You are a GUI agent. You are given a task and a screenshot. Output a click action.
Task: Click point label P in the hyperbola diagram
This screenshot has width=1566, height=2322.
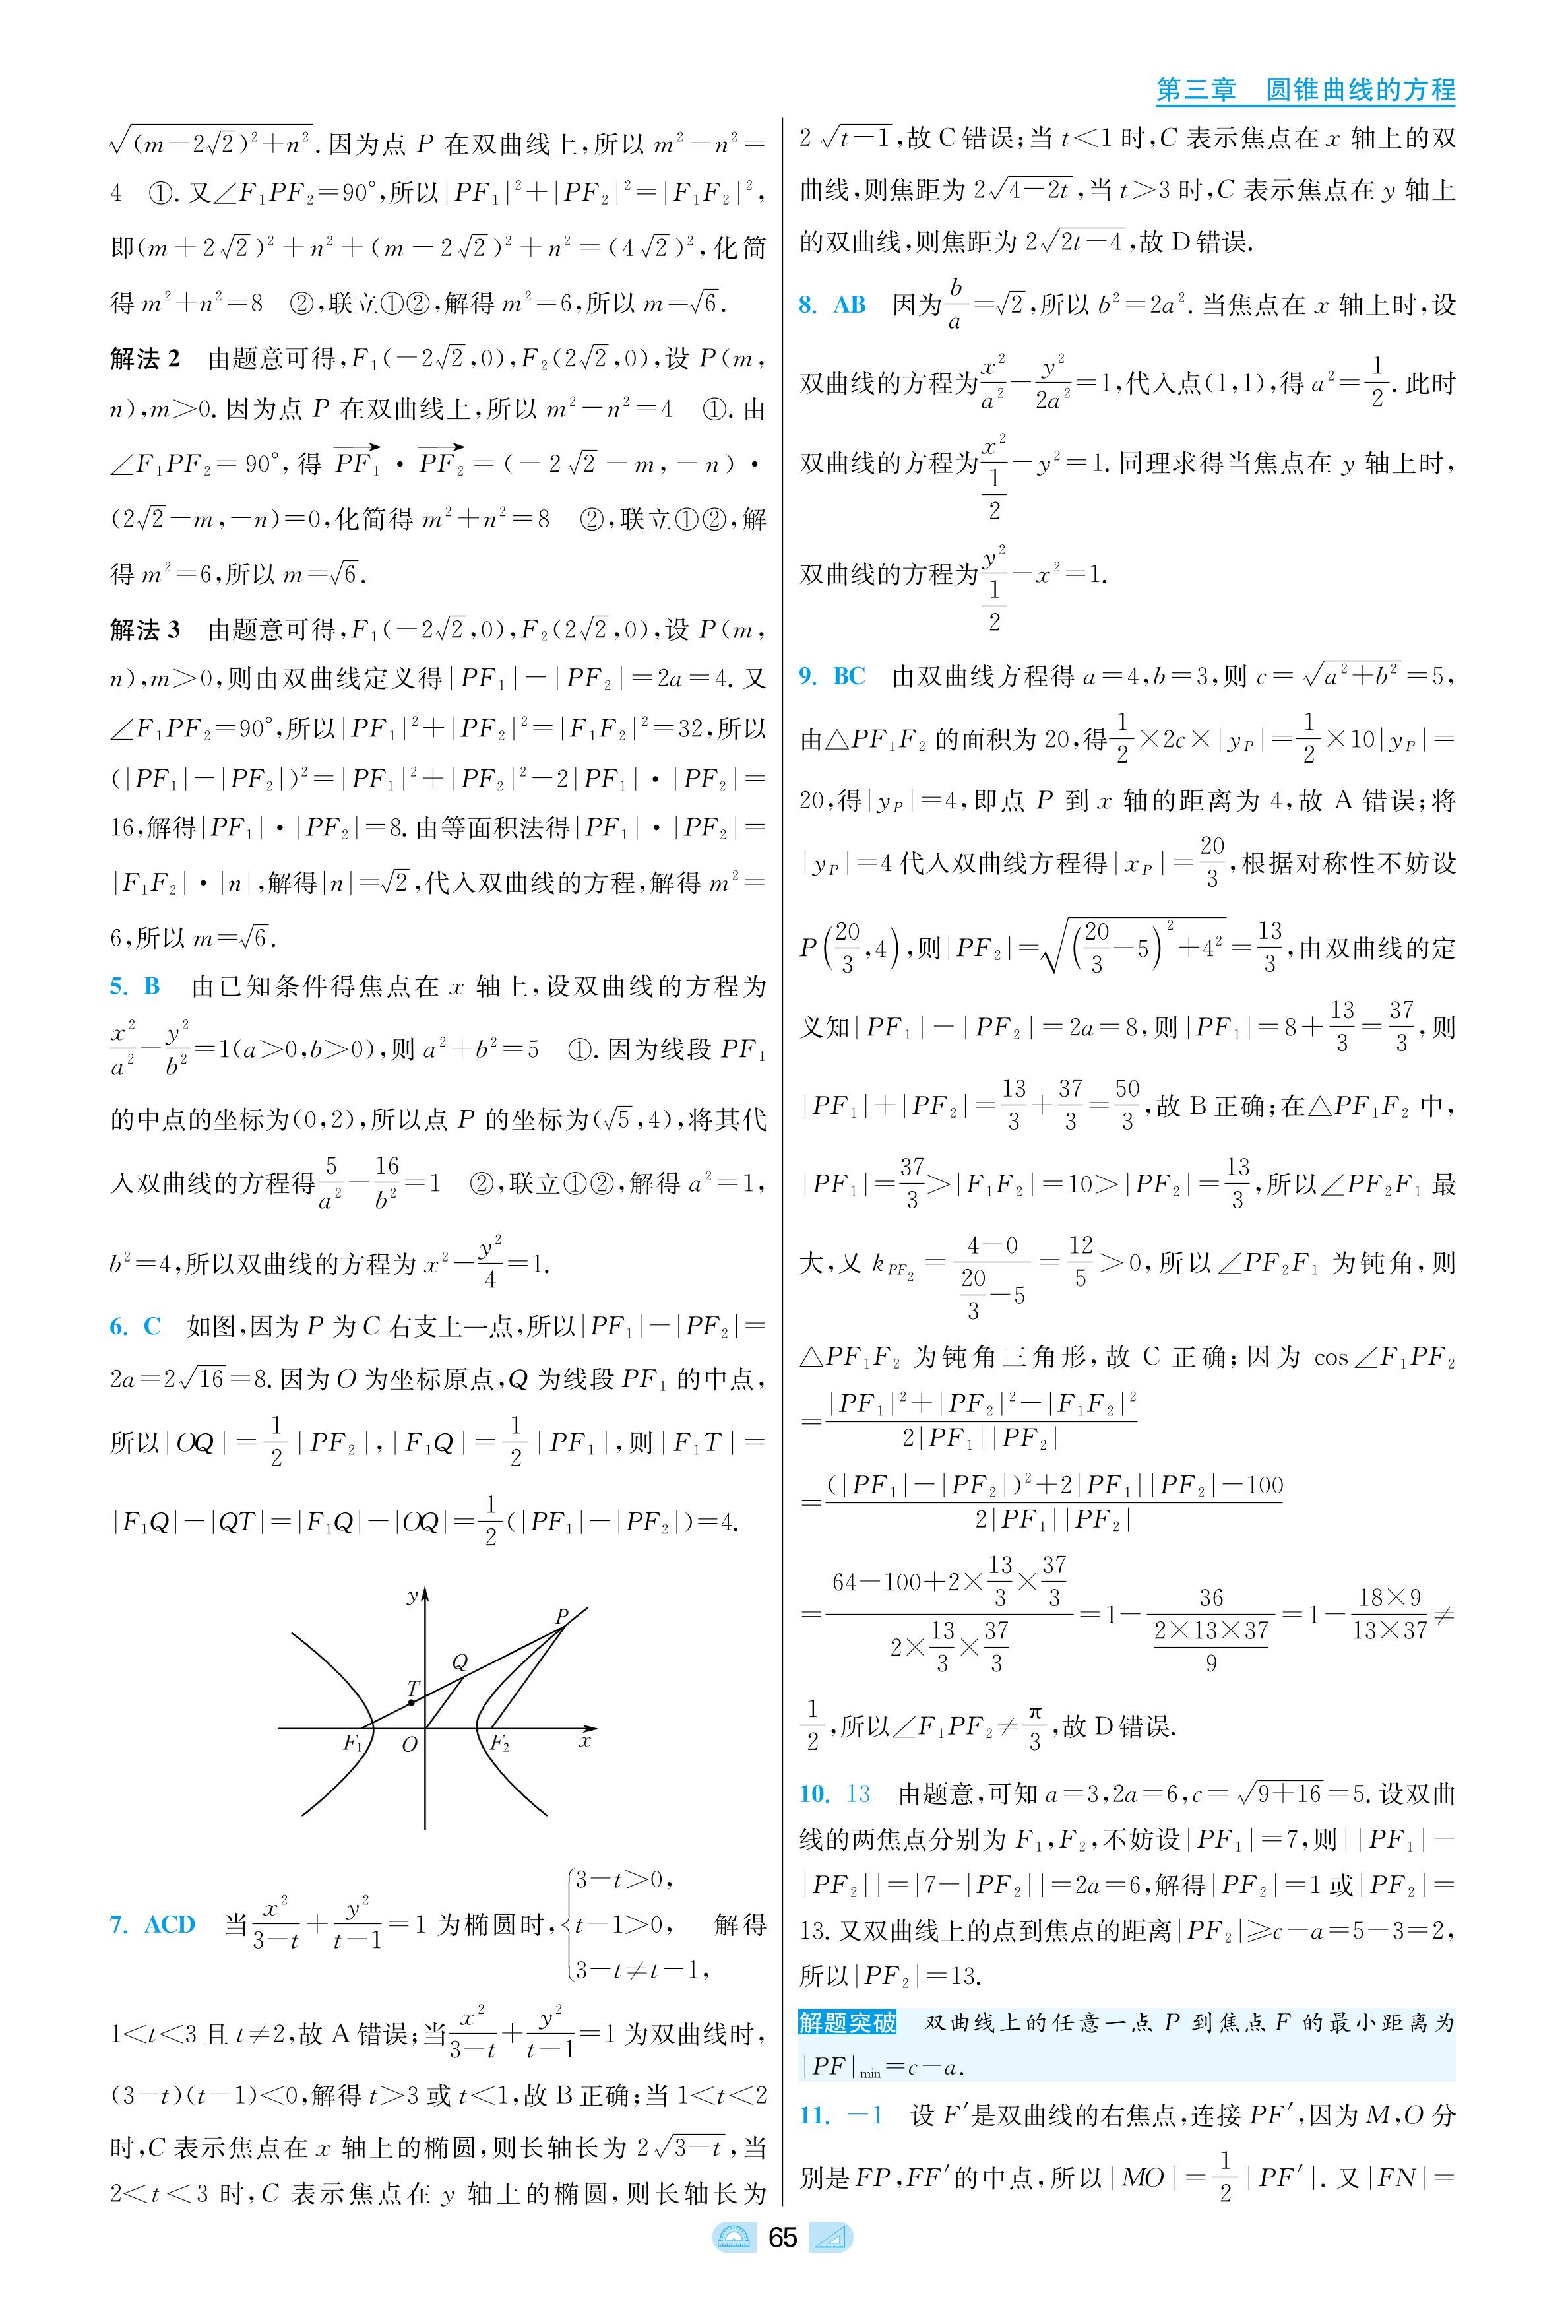click(x=561, y=1617)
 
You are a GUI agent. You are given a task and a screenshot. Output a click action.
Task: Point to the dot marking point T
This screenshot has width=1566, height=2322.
click(x=412, y=1702)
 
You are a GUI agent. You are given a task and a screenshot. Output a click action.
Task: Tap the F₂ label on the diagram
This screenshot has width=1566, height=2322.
click(x=499, y=1744)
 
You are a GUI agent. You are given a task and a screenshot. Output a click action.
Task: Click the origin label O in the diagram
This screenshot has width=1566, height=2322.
click(x=410, y=1746)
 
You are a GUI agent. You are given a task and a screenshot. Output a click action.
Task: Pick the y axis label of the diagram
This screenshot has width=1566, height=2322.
click(x=412, y=1597)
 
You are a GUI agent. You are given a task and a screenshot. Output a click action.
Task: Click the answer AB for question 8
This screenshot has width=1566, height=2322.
click(x=849, y=305)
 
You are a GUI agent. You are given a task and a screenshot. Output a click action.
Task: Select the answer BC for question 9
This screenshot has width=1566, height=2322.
click(x=849, y=676)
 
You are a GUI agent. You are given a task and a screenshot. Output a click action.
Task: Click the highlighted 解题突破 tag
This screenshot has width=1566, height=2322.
click(x=848, y=2023)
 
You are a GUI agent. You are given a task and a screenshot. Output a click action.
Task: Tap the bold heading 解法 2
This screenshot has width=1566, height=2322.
click(x=145, y=358)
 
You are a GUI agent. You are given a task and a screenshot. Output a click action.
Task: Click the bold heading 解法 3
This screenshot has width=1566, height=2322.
click(x=145, y=629)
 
